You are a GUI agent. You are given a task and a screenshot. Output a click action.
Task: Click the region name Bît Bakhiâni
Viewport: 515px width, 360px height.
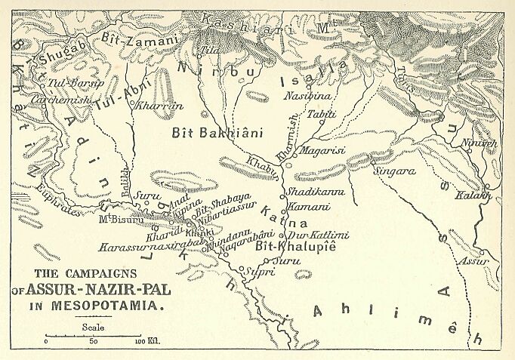click(x=217, y=134)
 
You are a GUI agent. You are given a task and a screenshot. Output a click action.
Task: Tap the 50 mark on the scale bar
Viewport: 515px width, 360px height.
click(x=94, y=342)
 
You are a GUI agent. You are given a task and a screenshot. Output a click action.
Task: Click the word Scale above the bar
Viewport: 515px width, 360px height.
click(x=94, y=327)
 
